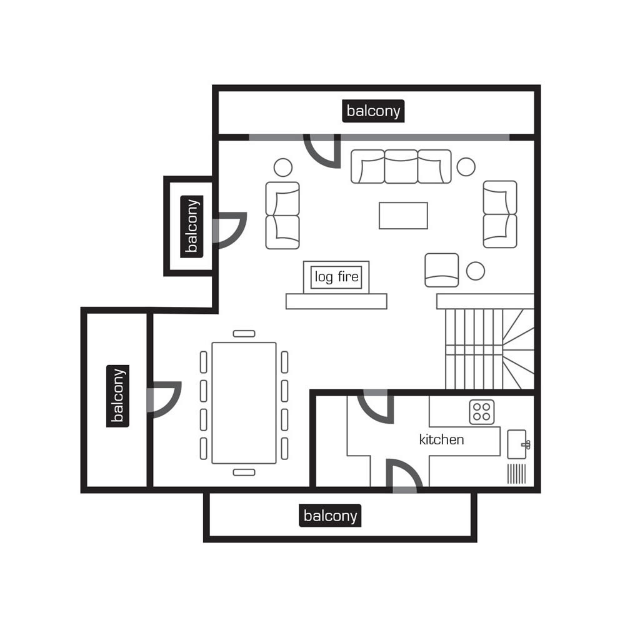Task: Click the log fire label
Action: [x=336, y=276]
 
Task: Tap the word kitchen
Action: [x=441, y=439]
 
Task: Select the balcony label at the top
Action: [x=373, y=111]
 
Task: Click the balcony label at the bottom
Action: [x=331, y=516]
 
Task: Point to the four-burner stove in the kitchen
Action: [x=481, y=412]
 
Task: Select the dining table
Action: [x=244, y=402]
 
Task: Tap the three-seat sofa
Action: [x=401, y=166]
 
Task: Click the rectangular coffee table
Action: [x=403, y=216]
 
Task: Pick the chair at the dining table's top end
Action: [x=244, y=334]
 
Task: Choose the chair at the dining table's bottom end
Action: [x=244, y=472]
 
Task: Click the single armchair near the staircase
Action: [x=441, y=270]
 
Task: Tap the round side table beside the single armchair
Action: [x=475, y=271]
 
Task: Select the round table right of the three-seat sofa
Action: [x=466, y=166]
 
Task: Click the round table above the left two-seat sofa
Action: [x=282, y=167]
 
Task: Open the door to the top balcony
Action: [x=324, y=150]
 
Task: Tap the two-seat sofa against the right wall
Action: [x=499, y=214]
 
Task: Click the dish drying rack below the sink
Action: [x=517, y=473]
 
